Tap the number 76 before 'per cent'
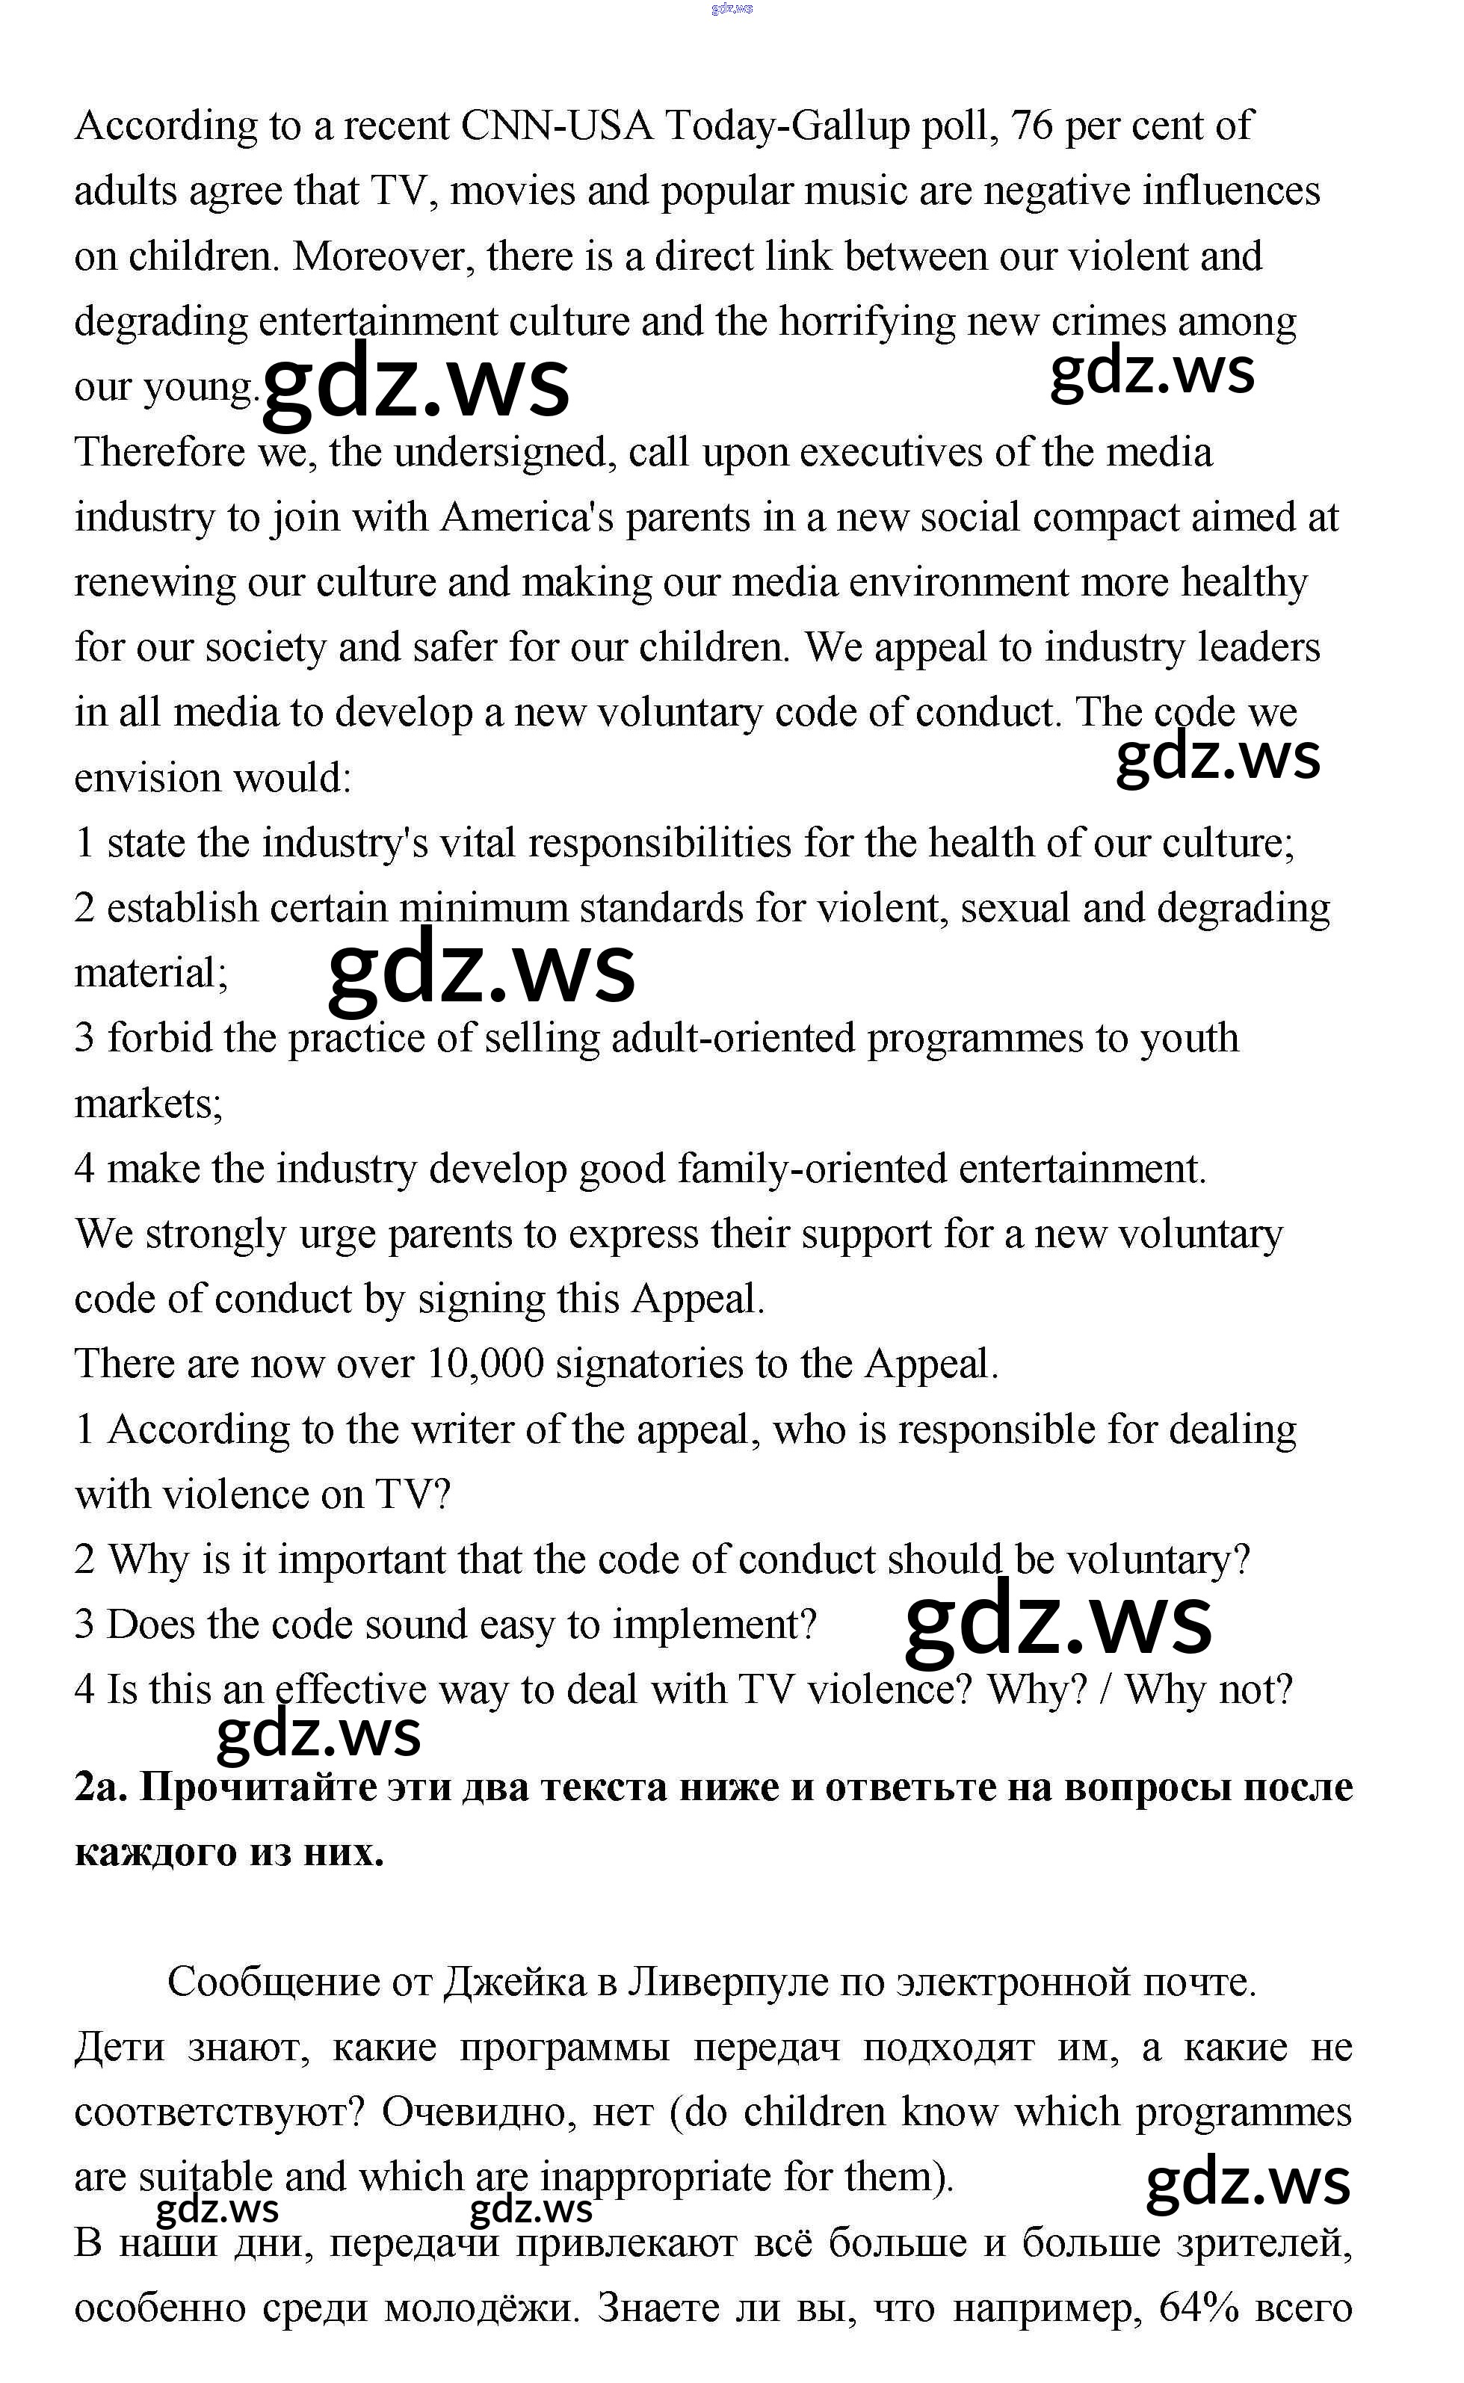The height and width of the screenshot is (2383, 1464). click(x=1031, y=126)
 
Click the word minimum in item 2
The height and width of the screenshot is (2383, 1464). click(x=484, y=909)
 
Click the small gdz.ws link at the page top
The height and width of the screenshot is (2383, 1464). click(x=731, y=9)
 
